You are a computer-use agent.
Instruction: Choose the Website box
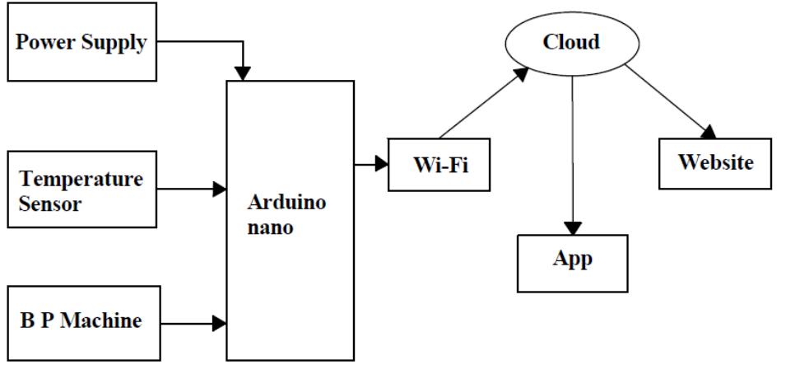pyautogui.click(x=714, y=161)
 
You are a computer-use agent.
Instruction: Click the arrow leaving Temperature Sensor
pyautogui.click(x=190, y=189)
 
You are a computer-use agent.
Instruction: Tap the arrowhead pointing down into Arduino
pyautogui.click(x=243, y=72)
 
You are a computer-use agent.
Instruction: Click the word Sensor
pyautogui.click(x=50, y=204)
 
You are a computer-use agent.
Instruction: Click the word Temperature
pyautogui.click(x=81, y=179)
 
